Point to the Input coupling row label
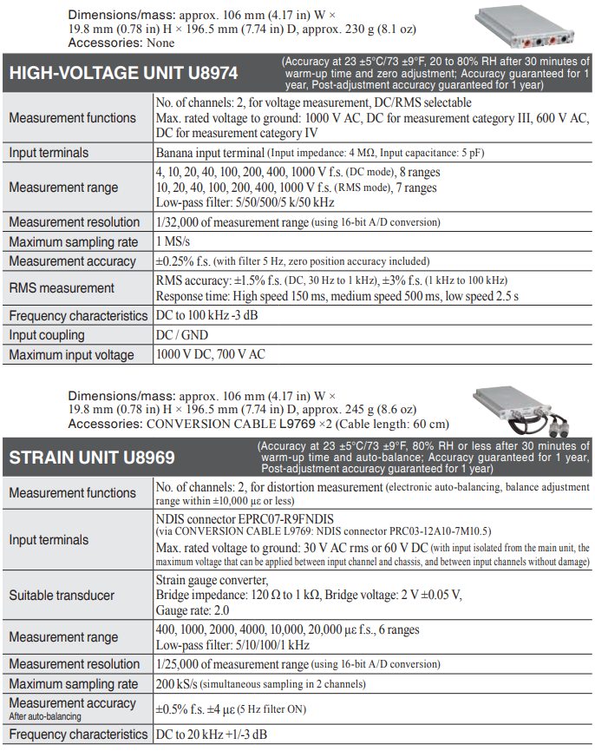click(47, 335)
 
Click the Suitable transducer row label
click(62, 596)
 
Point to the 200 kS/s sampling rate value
click(180, 684)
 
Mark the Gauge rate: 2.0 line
click(190, 611)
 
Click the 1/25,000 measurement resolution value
click(232, 663)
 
